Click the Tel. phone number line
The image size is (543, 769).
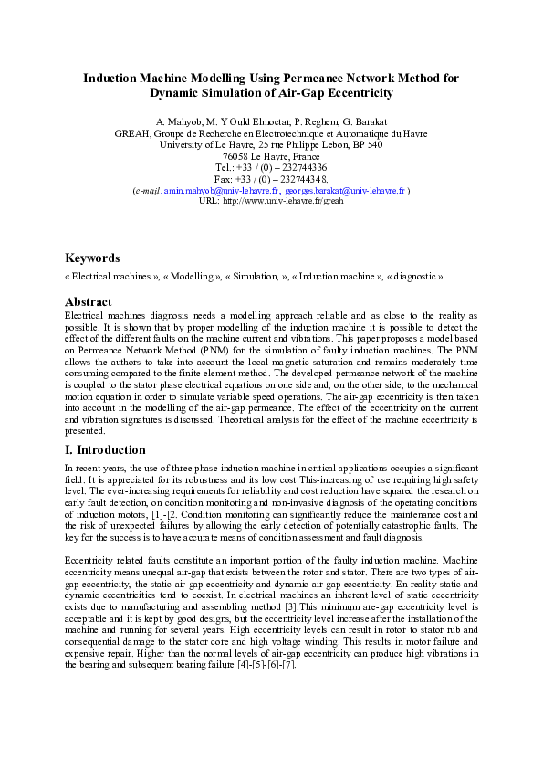[x=271, y=168]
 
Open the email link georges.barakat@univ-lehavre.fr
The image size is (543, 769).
[x=344, y=191]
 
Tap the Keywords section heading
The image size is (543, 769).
[x=92, y=258]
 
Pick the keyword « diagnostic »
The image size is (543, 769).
[x=415, y=276]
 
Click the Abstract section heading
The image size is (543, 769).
[x=89, y=302]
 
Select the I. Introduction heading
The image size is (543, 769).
[x=105, y=450]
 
